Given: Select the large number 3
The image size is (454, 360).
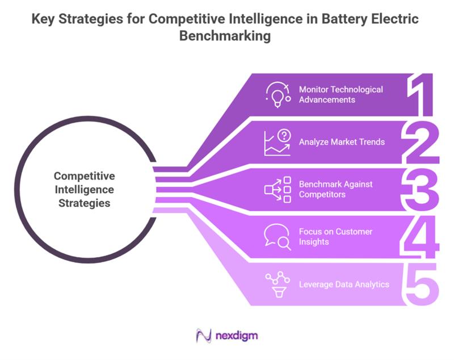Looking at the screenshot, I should point(422,190).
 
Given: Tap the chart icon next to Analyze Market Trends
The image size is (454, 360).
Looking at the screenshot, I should point(277,142).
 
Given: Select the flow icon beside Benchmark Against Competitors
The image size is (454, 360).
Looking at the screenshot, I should point(278,190).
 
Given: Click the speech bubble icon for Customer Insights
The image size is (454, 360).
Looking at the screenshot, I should point(278,237).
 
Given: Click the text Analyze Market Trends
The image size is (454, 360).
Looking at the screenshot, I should point(342,142).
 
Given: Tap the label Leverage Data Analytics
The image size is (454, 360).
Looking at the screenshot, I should point(344,284).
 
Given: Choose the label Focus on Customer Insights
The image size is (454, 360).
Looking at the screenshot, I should point(335,237).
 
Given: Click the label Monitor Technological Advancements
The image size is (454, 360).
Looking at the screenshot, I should point(340,95).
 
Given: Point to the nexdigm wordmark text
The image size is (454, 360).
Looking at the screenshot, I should point(237,336).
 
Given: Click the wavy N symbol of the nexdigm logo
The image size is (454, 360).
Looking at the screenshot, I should point(204,336).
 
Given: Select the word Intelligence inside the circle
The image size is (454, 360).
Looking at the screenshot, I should point(85,189).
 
